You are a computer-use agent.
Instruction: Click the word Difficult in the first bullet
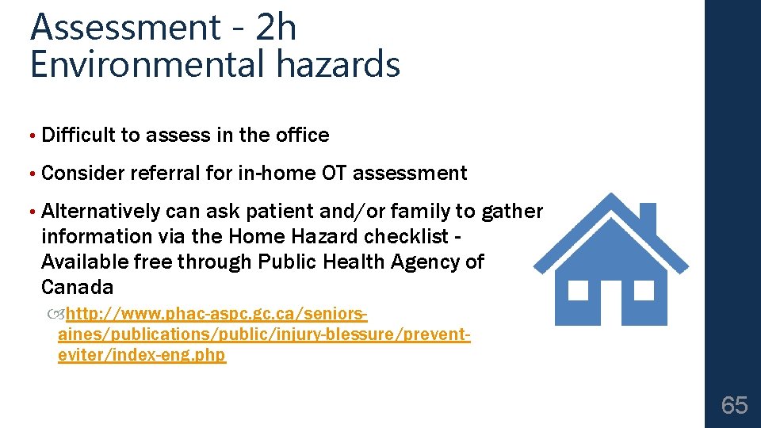click(78, 136)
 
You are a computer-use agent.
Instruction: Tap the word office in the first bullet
click(302, 136)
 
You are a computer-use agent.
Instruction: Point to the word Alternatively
click(101, 211)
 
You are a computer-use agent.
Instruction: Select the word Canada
click(77, 286)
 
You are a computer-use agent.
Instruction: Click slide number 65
click(734, 406)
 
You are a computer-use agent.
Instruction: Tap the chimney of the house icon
click(647, 216)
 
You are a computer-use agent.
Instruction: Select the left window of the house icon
click(578, 290)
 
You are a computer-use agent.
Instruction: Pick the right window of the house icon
click(644, 290)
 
